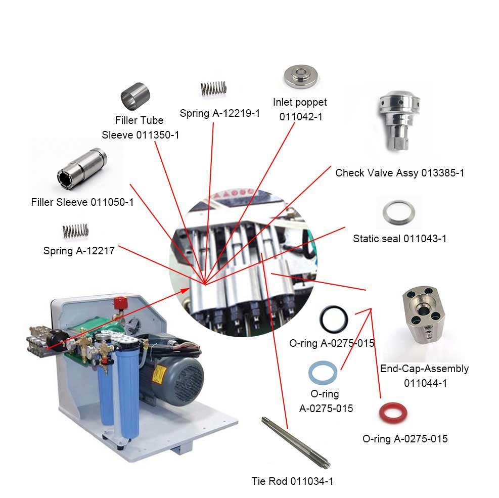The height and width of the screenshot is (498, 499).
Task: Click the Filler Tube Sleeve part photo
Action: coord(135,97)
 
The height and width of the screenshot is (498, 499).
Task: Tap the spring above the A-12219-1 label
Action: coord(213,88)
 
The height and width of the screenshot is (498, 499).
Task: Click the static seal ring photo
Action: coord(398,212)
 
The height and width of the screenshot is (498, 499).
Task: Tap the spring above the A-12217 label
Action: coord(75,231)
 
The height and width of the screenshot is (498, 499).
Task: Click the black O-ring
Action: coord(334,319)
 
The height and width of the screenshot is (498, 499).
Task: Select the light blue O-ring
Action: coord(323,372)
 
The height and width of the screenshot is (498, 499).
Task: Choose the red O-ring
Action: coord(393,413)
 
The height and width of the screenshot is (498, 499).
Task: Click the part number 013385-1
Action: coord(443,173)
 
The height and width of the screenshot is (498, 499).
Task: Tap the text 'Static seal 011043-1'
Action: coord(400,239)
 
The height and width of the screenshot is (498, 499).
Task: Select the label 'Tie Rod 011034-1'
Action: coord(292,481)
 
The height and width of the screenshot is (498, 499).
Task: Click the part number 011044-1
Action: coord(426,383)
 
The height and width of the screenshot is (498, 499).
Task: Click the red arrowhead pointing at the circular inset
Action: coord(185,291)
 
